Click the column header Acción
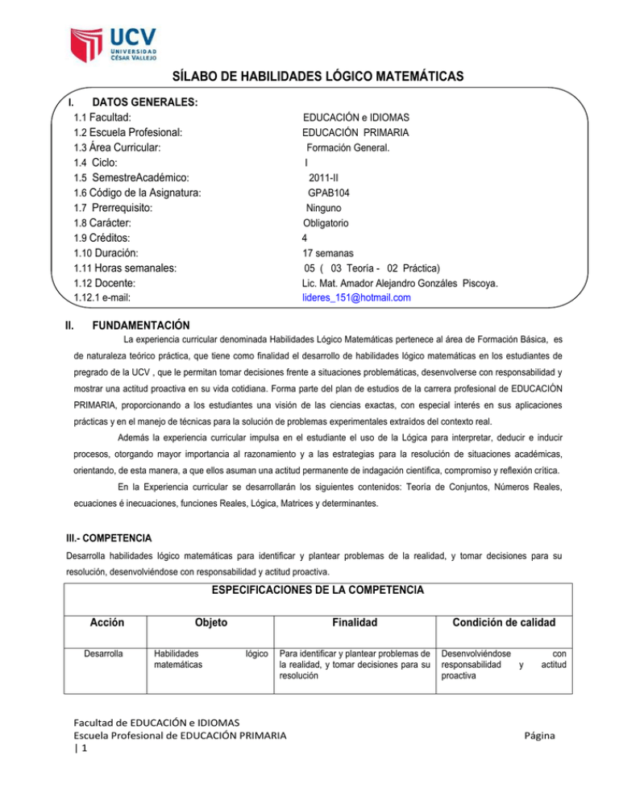pos(106,622)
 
